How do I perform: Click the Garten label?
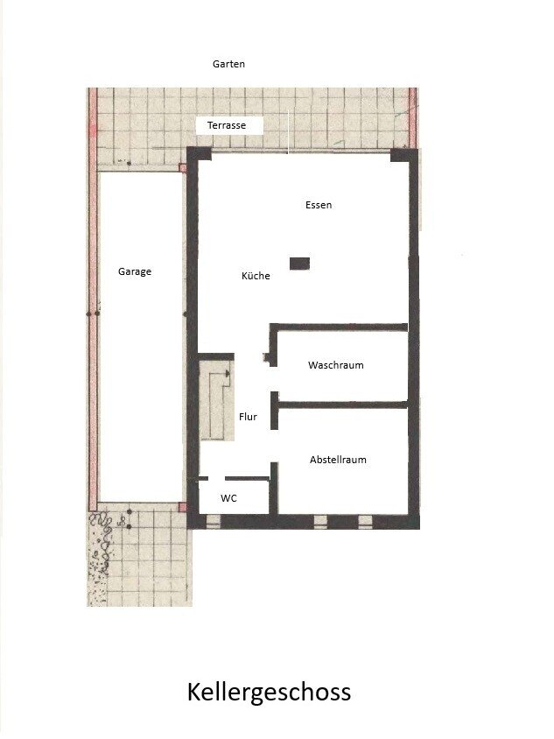click(228, 64)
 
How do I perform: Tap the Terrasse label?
click(227, 125)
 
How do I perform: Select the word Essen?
click(319, 205)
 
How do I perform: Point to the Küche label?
click(256, 276)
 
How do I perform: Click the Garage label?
click(135, 271)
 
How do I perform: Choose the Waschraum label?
click(336, 365)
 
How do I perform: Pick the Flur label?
click(248, 417)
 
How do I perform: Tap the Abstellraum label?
click(338, 460)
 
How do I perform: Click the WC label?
click(229, 498)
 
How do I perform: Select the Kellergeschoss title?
click(269, 693)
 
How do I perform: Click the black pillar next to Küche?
click(299, 264)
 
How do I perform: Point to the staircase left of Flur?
click(217, 401)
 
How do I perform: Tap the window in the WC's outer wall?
click(214, 521)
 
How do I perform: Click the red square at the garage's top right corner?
click(183, 168)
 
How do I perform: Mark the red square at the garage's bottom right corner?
click(183, 507)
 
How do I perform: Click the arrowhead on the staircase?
click(228, 374)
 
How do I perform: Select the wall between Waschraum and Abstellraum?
click(343, 405)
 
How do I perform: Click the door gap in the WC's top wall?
click(216, 478)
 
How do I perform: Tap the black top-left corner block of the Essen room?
click(200, 154)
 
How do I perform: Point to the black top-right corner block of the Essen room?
click(403, 155)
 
